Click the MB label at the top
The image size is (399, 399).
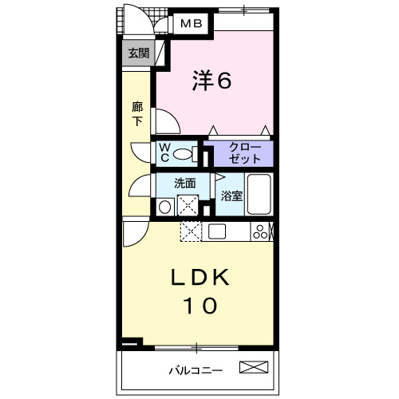coord(191,24)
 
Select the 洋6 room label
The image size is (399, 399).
coord(212,81)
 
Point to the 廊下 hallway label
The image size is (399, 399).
coord(137,113)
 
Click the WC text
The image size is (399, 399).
coord(164,152)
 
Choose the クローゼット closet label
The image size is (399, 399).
coord(239,152)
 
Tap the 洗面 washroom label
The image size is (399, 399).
coord(185,182)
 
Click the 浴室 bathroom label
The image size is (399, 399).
coord(231,196)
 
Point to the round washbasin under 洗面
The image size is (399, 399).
coord(164,207)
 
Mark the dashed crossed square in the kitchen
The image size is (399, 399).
coord(191,231)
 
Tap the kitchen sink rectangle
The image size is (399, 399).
coord(218,231)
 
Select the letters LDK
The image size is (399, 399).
coord(199,279)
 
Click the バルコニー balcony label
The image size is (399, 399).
coord(196,369)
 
